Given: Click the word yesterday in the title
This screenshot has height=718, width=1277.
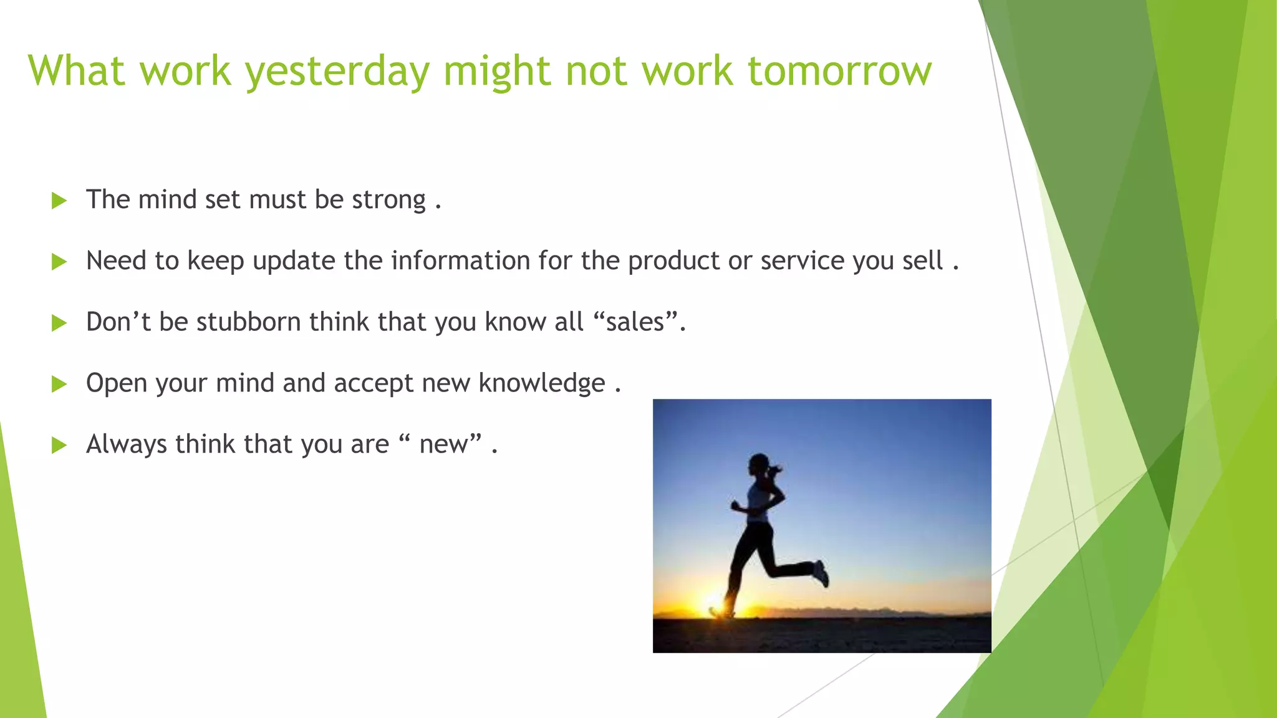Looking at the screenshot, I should [x=337, y=71].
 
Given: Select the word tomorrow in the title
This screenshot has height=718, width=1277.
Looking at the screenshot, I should [x=839, y=71].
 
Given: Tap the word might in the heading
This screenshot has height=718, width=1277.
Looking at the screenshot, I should [x=496, y=71].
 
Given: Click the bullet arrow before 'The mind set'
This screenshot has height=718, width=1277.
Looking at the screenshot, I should [x=59, y=201].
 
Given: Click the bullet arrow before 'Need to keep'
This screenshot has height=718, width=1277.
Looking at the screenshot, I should [x=59, y=262].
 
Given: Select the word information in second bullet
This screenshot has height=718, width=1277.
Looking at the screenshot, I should [x=460, y=261].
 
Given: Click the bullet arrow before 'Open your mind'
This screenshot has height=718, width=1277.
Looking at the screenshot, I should [x=59, y=384].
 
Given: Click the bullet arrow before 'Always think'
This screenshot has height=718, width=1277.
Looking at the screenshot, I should [x=59, y=445].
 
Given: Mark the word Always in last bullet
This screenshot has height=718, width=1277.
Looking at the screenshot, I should [x=127, y=445].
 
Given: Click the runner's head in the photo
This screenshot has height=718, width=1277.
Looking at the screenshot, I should [x=759, y=464].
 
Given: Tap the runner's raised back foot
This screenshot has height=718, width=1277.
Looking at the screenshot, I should [x=821, y=573].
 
